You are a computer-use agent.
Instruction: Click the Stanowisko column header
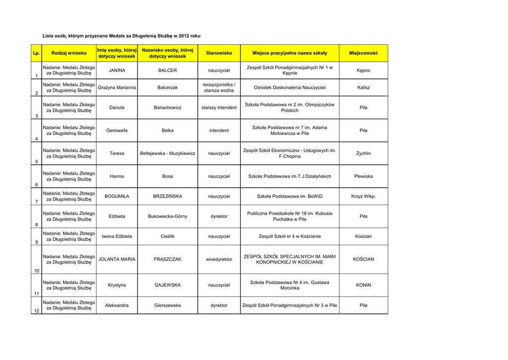pos(219,53)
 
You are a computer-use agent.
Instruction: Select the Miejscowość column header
pos(363,53)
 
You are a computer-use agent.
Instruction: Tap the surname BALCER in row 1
pos(167,71)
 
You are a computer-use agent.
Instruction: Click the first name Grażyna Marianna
pos(117,88)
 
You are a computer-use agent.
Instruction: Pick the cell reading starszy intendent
pos(219,108)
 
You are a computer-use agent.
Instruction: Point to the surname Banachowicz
pos(167,108)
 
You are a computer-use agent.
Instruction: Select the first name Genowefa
pos(117,131)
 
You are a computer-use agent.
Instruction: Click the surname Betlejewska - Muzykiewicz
pos(167,153)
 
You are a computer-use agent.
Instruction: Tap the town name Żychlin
pos(363,153)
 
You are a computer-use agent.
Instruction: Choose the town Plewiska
pos(363,176)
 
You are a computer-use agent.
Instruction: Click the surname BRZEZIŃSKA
pos(167,197)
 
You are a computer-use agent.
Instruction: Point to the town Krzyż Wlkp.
pos(363,197)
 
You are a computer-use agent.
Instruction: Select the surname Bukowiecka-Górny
pos(167,216)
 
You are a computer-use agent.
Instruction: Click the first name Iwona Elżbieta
pos(117,236)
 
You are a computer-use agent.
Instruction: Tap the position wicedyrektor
pos(219,259)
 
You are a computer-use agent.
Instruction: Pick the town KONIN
pos(363,286)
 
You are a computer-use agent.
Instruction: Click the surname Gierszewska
pos(167,305)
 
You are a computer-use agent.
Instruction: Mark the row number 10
pos(36,271)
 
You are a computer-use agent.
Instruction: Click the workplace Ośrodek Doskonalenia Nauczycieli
pos(290,88)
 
